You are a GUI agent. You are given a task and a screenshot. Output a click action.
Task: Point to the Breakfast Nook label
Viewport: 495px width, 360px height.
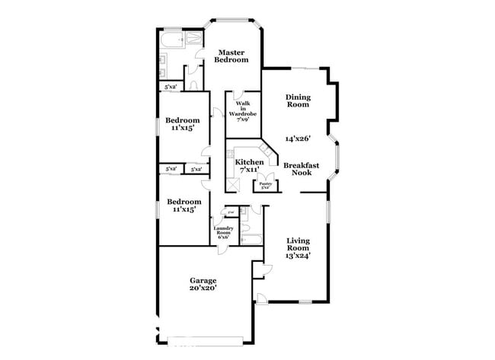click(x=301, y=168)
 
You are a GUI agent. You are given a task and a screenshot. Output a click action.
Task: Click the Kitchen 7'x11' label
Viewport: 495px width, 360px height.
click(x=249, y=167)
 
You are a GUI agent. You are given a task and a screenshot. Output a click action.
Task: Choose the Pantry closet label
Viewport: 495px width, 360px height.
click(x=265, y=185)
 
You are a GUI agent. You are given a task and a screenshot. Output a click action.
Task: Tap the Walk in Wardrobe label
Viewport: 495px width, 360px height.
click(x=244, y=111)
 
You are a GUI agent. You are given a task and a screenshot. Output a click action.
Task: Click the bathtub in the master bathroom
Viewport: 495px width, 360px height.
click(x=174, y=39)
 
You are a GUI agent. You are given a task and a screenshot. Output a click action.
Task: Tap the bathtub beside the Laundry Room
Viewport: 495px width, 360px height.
click(x=251, y=240)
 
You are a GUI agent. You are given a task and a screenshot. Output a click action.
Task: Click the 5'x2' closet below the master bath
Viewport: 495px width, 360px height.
click(x=171, y=87)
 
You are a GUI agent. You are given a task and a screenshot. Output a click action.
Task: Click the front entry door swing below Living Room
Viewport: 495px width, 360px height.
click(x=260, y=298)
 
